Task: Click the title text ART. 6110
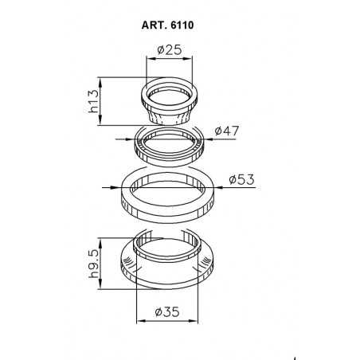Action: point(170,24)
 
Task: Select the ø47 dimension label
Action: point(229,131)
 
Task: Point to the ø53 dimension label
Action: point(241,178)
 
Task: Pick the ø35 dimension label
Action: point(166,311)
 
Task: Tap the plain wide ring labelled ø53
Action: point(169,194)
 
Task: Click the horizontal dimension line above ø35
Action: point(166,321)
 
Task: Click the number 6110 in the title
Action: point(182,24)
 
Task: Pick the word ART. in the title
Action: point(155,24)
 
